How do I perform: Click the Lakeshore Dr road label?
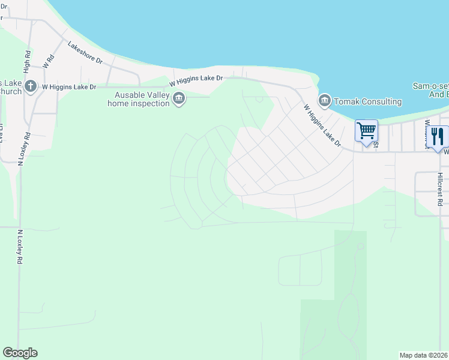pos(85,53)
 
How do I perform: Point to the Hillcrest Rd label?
pos(439,190)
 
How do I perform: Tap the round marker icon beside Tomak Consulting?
pos(325,100)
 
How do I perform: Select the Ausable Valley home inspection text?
pos(137,99)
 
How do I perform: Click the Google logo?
pos(20,353)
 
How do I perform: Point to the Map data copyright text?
pos(424,355)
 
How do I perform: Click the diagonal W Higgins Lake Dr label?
pos(322,126)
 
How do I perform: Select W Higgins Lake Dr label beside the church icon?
pos(69,87)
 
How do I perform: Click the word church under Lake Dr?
pos(11,91)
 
